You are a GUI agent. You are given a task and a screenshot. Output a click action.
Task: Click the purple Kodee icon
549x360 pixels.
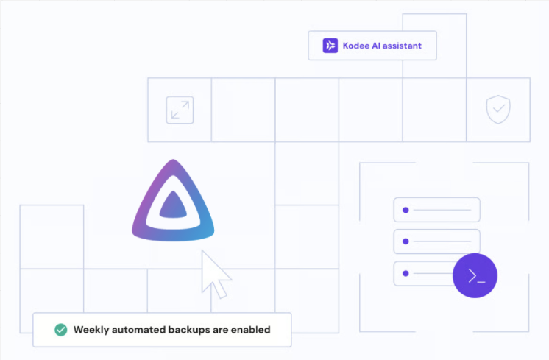tap(330, 46)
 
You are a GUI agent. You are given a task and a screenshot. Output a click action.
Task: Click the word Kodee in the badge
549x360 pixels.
tap(358, 46)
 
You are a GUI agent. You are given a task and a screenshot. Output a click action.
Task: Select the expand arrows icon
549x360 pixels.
tap(180, 110)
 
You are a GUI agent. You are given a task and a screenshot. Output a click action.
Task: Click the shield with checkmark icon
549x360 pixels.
tap(498, 110)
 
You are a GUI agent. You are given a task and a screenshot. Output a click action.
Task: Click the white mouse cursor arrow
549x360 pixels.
tap(214, 273)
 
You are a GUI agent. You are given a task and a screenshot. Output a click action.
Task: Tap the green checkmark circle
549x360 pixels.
tap(61, 330)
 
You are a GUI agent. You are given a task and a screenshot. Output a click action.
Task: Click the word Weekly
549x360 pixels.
tap(92, 330)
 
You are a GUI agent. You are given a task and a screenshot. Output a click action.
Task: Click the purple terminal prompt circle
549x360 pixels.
tap(475, 276)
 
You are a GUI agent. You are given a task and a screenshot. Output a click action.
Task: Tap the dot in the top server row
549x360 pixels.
tap(405, 211)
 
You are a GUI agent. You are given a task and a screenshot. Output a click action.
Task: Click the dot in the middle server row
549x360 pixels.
tap(405, 242)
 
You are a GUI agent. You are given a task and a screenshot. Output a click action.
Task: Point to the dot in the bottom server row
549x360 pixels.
tap(405, 274)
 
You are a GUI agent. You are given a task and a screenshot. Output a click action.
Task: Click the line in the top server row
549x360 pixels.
tap(442, 211)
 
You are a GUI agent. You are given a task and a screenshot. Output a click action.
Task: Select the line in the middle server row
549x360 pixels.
tap(442, 242)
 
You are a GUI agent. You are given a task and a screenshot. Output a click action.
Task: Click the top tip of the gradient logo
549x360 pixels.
tap(173, 163)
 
